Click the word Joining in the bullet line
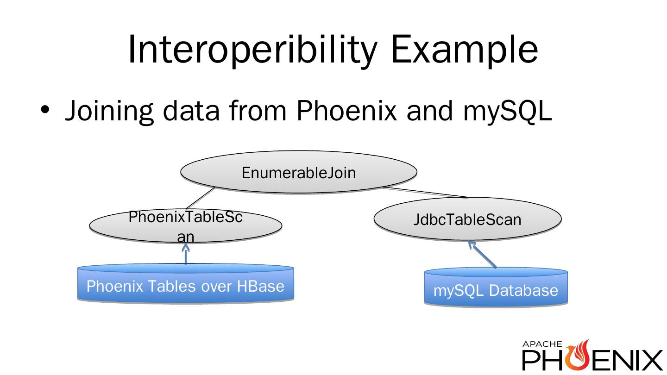tap(109, 111)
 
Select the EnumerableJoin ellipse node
tap(299, 172)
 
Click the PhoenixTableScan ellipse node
tap(185, 225)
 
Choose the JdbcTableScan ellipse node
tap(467, 219)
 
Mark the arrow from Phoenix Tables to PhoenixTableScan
tap(186, 254)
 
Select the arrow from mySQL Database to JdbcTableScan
tap(482, 254)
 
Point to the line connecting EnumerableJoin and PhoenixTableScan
tap(200, 198)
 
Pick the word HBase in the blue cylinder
tap(260, 286)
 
